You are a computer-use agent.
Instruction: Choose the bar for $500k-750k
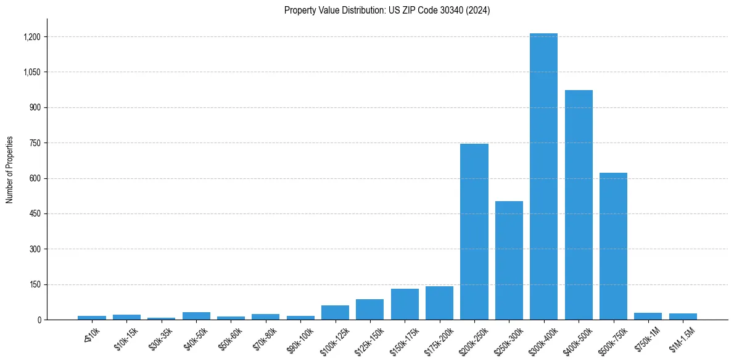coord(613,246)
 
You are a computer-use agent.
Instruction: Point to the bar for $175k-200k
coord(439,303)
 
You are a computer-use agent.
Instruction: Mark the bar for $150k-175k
coord(405,304)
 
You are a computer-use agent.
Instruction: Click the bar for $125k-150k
coord(369,310)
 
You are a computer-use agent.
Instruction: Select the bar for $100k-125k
coord(335,313)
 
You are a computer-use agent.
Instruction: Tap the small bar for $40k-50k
coord(196,316)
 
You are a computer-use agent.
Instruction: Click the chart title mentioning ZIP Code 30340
coord(387,10)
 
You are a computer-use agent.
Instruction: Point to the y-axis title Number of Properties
coord(10,170)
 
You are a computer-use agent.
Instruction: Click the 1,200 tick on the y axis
coord(32,37)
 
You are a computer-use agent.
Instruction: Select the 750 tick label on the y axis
coord(35,143)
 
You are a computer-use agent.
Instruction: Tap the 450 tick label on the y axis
coord(35,214)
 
